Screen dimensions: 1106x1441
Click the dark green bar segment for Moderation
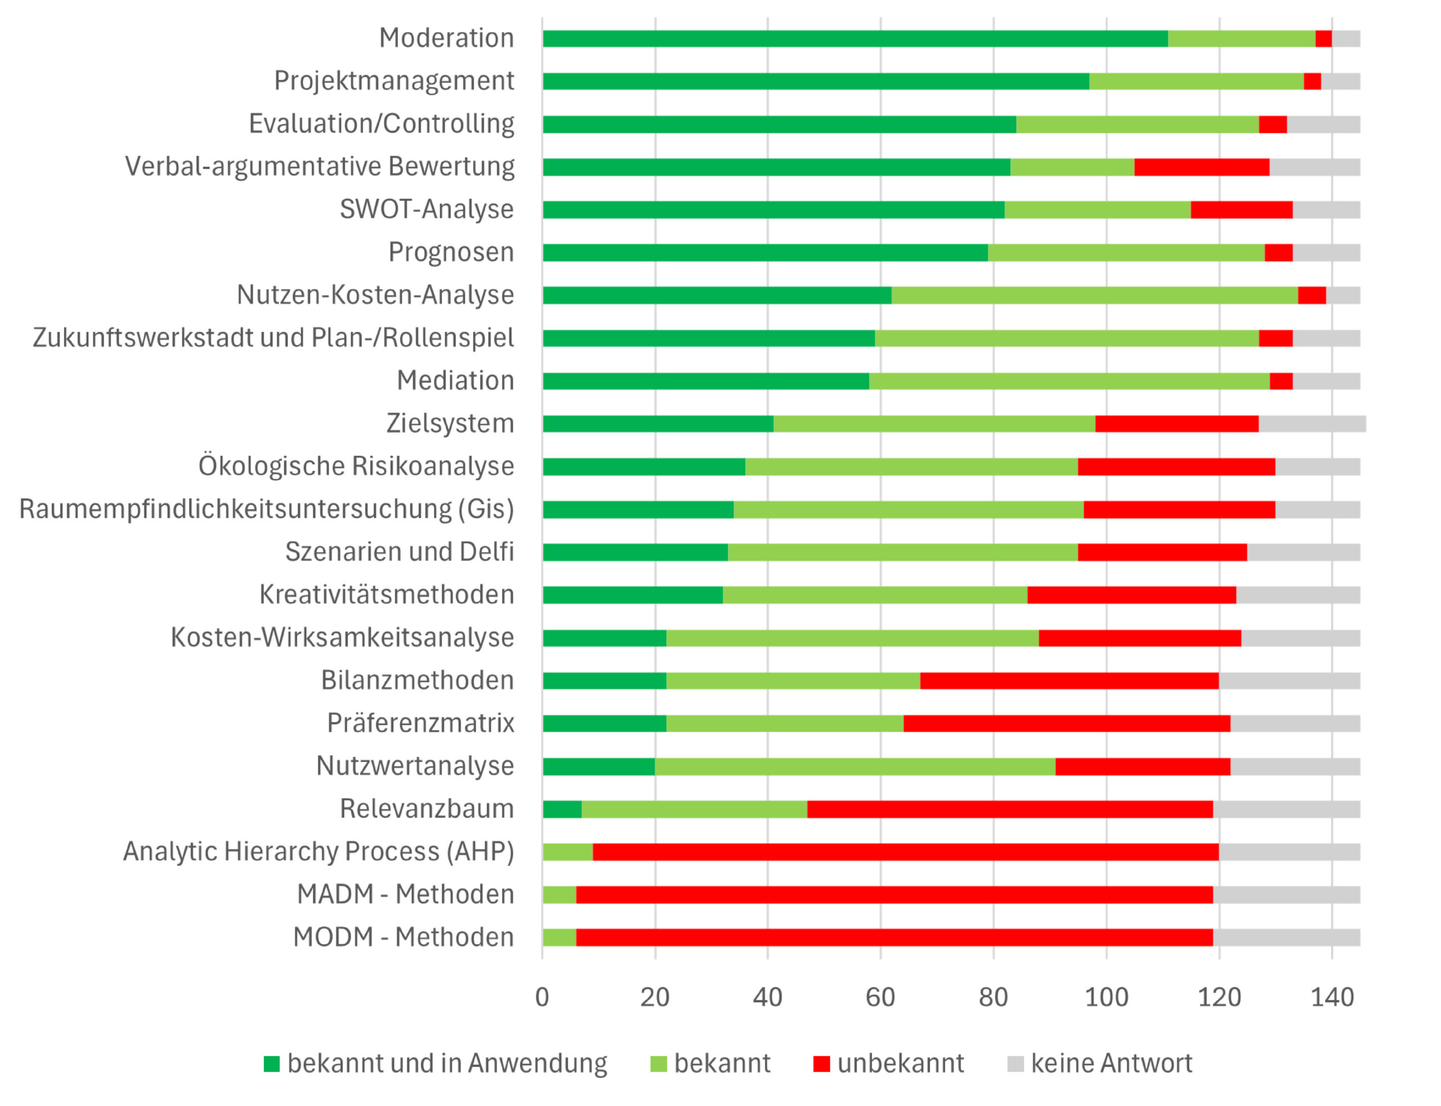point(854,39)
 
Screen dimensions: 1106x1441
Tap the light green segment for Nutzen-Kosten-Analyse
point(1094,295)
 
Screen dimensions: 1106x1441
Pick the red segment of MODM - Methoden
point(893,938)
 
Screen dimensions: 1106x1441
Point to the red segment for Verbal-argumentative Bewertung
point(1201,167)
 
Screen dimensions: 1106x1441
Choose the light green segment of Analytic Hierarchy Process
point(567,852)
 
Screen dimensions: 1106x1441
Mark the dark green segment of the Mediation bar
point(705,381)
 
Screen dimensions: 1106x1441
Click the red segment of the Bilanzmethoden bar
point(1068,680)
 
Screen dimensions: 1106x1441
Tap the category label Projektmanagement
point(393,81)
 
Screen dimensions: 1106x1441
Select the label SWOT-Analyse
point(426,209)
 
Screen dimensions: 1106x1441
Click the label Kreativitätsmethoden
point(386,594)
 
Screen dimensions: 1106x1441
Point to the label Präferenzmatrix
point(420,723)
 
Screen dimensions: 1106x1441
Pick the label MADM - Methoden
point(405,894)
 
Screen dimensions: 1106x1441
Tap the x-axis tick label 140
point(1331,998)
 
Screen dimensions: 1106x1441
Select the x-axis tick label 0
point(542,998)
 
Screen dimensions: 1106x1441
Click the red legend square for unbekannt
point(821,1064)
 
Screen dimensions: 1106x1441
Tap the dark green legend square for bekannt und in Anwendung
point(271,1064)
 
